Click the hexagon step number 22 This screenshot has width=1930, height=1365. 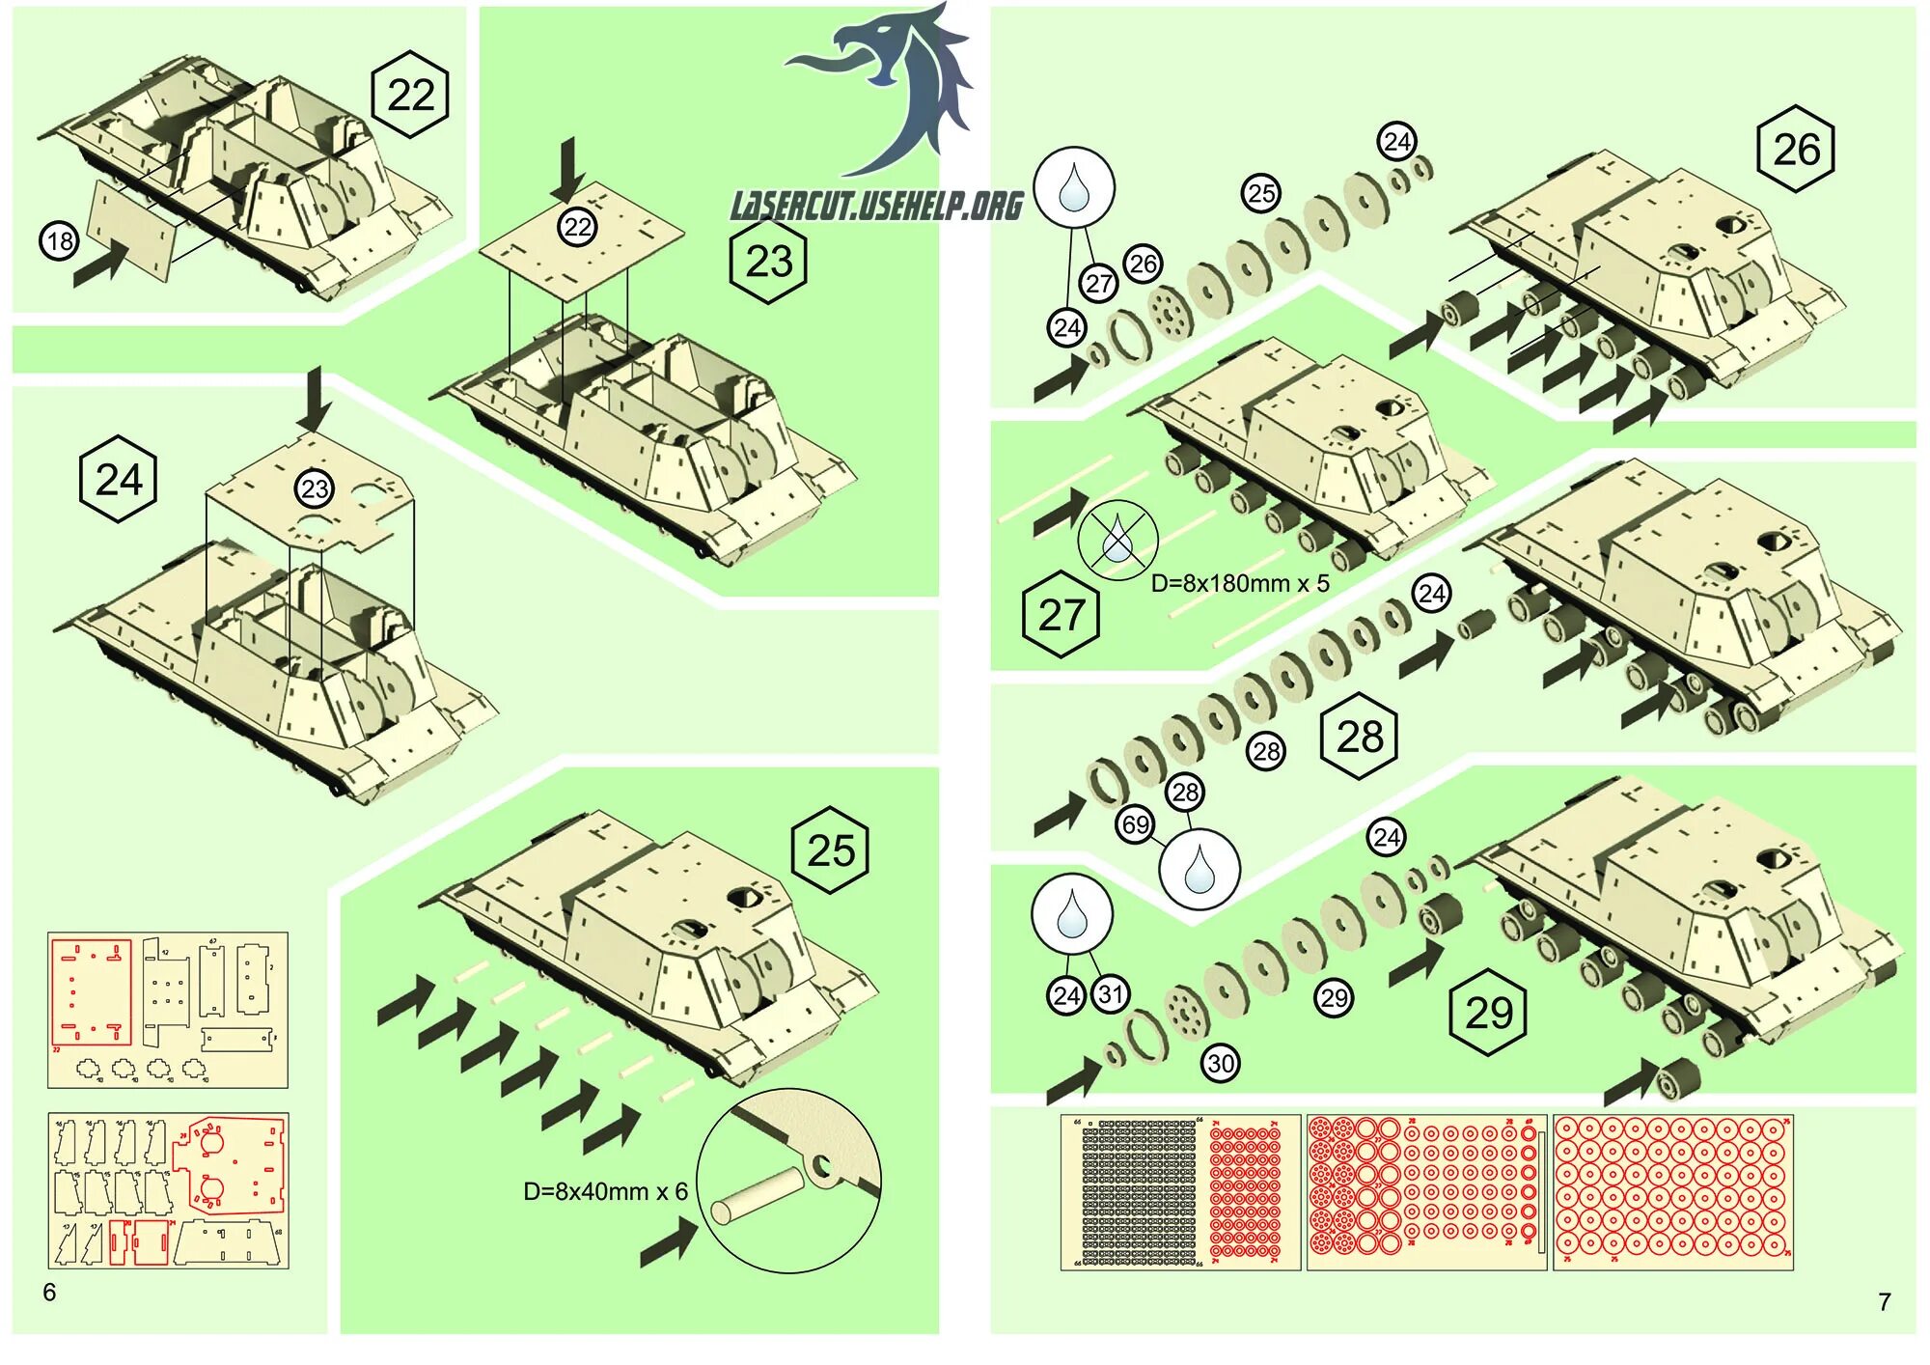pyautogui.click(x=410, y=95)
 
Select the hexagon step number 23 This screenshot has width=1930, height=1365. pyautogui.click(x=768, y=262)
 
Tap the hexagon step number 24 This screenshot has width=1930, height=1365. pyautogui.click(x=118, y=480)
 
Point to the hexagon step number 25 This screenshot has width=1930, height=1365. pyautogui.click(x=830, y=850)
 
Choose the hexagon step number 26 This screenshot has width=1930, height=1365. pyautogui.click(x=1795, y=150)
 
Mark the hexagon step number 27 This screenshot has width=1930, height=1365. pyautogui.click(x=1061, y=615)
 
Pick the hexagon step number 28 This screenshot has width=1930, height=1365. pyautogui.click(x=1359, y=737)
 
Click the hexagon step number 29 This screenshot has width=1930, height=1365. pyautogui.click(x=1488, y=1013)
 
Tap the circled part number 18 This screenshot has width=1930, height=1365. pyautogui.click(x=59, y=241)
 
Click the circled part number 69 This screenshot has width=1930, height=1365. pyautogui.click(x=1135, y=824)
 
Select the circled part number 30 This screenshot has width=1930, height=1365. pyautogui.click(x=1220, y=1064)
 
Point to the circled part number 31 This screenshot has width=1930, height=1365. pyautogui.click(x=1111, y=994)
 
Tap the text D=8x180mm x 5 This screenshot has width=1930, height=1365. pyautogui.click(x=1240, y=583)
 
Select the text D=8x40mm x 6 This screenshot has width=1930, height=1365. pyautogui.click(x=605, y=1191)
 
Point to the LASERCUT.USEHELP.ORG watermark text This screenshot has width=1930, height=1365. pyautogui.click(x=876, y=206)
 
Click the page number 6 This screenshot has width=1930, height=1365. pyautogui.click(x=49, y=1292)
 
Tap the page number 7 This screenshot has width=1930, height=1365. pyautogui.click(x=1884, y=1302)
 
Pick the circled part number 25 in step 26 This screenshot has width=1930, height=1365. pyautogui.click(x=1260, y=193)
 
